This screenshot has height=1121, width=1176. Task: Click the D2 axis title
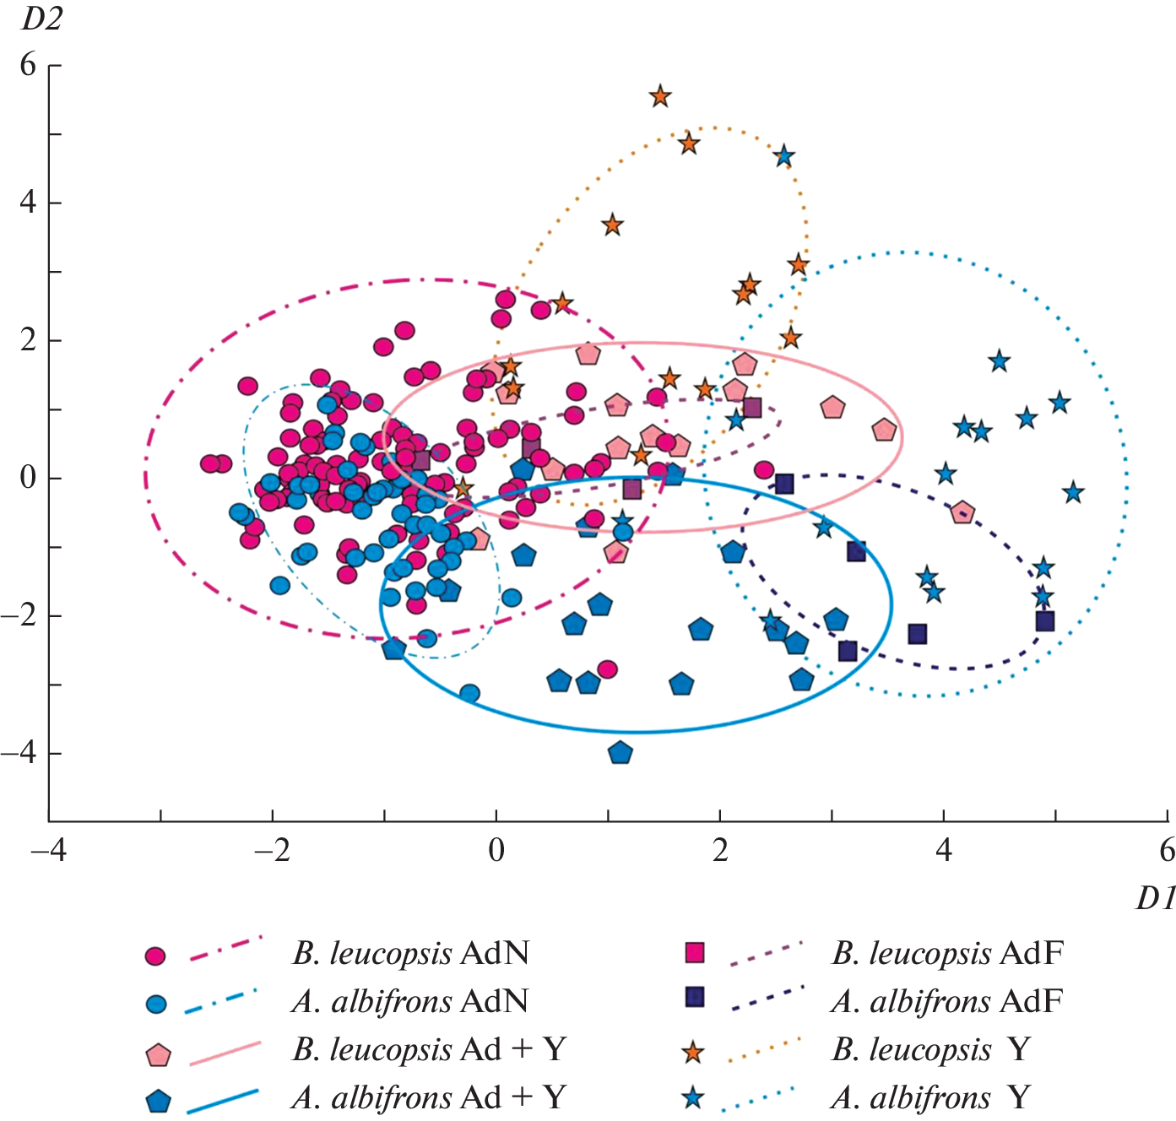(41, 19)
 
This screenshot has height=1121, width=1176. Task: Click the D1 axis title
(1155, 900)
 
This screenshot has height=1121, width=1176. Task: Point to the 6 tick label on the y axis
(29, 65)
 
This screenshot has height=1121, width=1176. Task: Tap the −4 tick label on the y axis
(20, 753)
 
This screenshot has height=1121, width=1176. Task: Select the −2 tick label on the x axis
(272, 850)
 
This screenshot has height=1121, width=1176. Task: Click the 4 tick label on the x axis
(944, 850)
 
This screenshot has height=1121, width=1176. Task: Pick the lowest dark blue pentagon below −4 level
(621, 752)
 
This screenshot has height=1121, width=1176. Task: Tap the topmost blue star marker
(784, 156)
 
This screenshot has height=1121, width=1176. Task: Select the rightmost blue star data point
(1073, 492)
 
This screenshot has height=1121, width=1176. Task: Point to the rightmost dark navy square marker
(1044, 621)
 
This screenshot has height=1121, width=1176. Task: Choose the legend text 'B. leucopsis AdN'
(411, 954)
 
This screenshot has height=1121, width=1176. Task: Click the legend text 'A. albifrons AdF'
(946, 1002)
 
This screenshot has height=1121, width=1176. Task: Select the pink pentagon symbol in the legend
(158, 1055)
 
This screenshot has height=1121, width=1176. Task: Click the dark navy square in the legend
(694, 997)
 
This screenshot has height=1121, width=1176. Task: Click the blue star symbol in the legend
(693, 1098)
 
